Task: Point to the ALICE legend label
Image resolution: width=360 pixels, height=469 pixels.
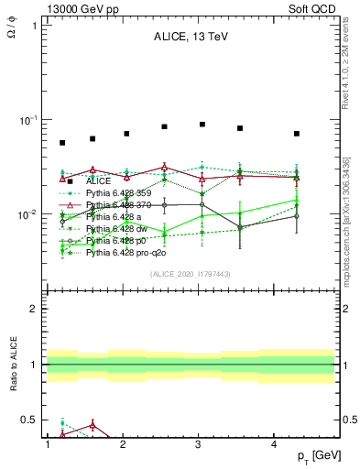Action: [x=99, y=181]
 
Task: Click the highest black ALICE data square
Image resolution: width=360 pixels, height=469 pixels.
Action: [x=202, y=124]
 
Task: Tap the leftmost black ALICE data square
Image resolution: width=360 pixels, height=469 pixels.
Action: [x=62, y=143]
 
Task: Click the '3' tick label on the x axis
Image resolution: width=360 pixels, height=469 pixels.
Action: [x=200, y=444]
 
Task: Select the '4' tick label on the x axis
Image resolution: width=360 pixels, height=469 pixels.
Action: [x=277, y=444]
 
